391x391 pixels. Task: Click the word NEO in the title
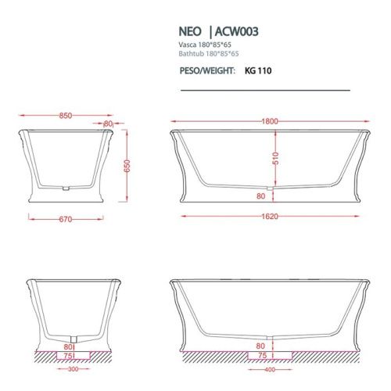[x=191, y=33]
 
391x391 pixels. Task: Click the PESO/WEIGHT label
[x=207, y=70]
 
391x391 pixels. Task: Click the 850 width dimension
[x=65, y=116]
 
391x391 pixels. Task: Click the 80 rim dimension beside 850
[x=108, y=124]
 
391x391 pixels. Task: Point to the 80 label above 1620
[x=260, y=196]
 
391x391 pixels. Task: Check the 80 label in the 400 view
[x=260, y=344]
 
